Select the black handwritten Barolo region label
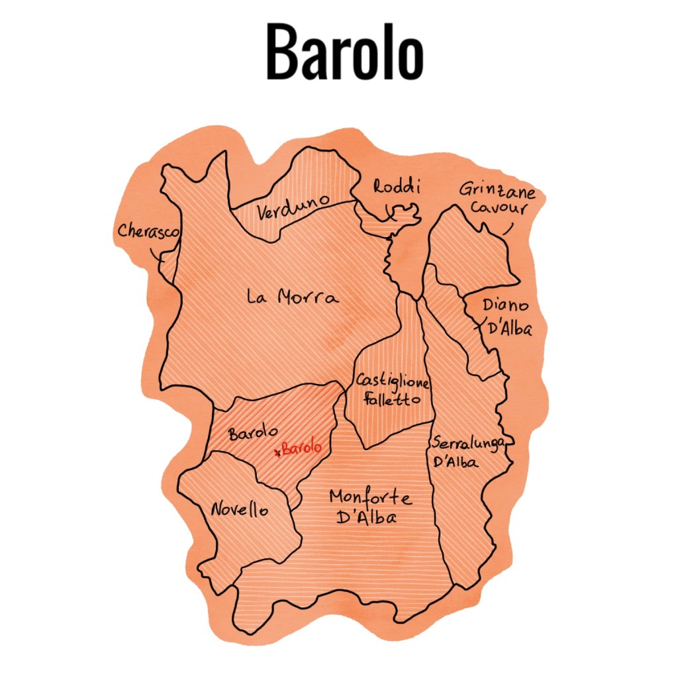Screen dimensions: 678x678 (x=252, y=433)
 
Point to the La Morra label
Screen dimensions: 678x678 (x=292, y=297)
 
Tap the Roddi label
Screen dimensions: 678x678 (x=396, y=187)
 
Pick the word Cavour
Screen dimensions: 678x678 (x=504, y=209)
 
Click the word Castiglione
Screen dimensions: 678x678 (x=393, y=382)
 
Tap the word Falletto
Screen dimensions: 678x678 (x=389, y=400)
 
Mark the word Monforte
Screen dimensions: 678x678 (x=370, y=498)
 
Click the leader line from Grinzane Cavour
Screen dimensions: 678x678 (x=508, y=228)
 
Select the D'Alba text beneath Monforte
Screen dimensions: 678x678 (x=366, y=518)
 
